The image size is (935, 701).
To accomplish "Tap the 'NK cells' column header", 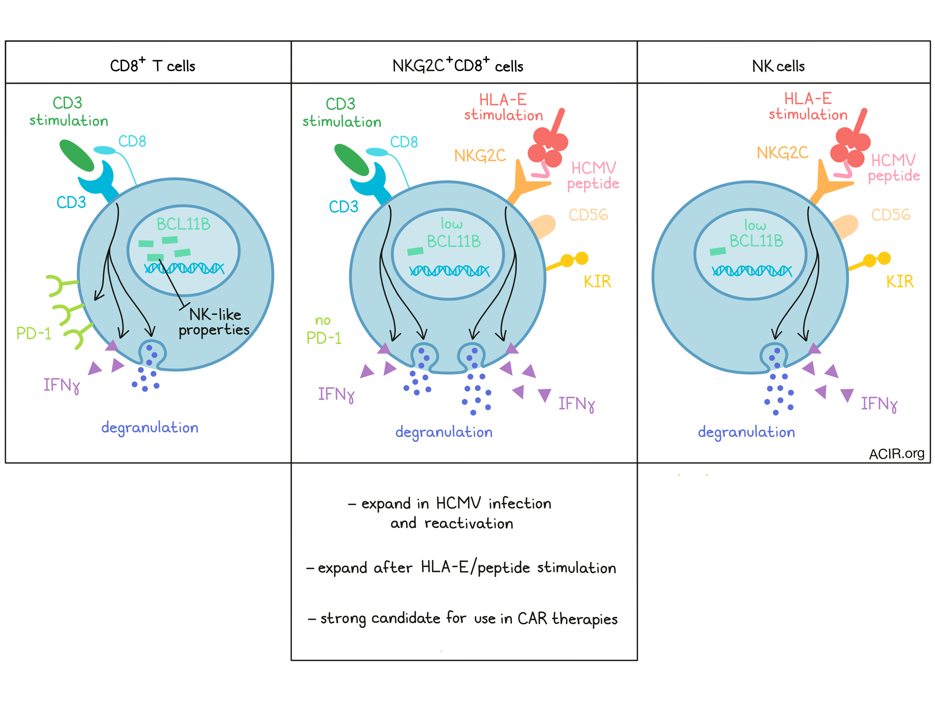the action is click(778, 66).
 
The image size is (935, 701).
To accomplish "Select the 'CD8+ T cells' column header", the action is click(153, 65).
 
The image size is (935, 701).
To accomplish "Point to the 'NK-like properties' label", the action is click(214, 322).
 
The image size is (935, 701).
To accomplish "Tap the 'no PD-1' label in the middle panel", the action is click(324, 330).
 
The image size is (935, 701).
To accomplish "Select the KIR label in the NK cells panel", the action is click(899, 282).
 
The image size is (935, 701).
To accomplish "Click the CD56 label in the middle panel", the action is click(588, 215).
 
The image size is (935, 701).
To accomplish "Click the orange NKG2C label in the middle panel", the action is click(480, 156).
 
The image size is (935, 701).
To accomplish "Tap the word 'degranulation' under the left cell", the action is click(150, 428).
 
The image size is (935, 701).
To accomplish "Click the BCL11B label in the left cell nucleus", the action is click(183, 224).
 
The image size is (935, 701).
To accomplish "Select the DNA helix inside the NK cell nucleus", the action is click(752, 271).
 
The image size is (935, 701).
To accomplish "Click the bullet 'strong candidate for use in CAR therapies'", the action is click(463, 619).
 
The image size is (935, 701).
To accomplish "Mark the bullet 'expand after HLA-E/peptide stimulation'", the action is click(461, 568).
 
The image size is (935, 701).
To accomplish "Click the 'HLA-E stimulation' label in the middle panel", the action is click(503, 107).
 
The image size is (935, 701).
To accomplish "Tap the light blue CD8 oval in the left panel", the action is click(104, 150).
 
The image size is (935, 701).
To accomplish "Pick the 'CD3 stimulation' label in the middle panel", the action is click(342, 113).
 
